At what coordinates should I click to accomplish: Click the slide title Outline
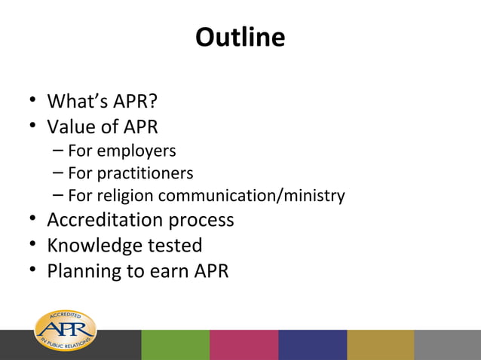[x=240, y=37]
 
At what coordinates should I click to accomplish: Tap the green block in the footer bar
[x=175, y=345]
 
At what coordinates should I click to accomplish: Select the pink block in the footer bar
[x=244, y=345]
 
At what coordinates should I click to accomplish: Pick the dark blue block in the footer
[x=312, y=345]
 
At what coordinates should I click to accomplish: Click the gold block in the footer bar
[x=380, y=345]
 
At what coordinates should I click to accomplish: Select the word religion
[x=125, y=197]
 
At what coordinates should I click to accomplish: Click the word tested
[x=177, y=246]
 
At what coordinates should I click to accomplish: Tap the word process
[x=200, y=221]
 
